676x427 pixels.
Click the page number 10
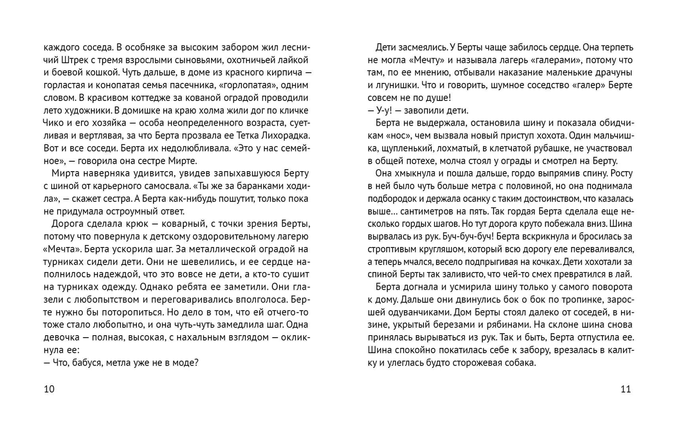pos(49,389)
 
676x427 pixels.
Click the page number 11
pos(625,389)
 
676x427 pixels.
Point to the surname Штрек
pos(76,60)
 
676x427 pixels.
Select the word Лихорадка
pos(286,136)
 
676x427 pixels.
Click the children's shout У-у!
pos(383,111)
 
